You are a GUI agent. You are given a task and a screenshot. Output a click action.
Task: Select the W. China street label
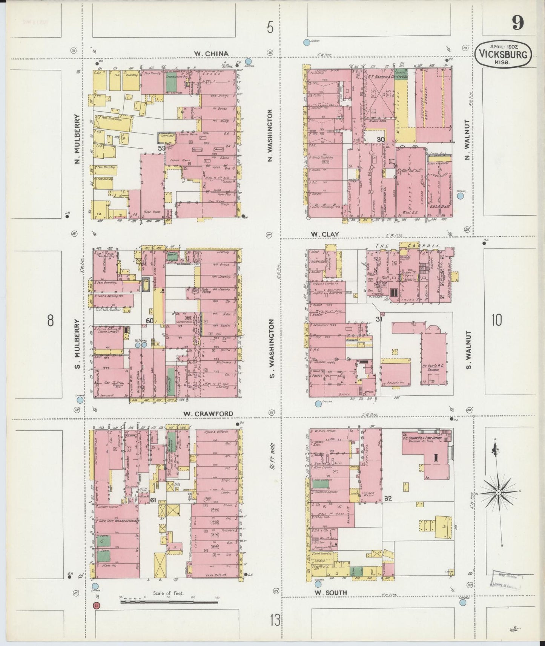211,54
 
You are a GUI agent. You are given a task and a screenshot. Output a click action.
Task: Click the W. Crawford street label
208,413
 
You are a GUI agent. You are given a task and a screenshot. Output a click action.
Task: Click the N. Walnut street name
467,140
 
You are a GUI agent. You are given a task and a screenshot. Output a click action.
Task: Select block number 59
161,148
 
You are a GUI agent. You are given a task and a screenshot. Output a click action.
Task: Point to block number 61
153,500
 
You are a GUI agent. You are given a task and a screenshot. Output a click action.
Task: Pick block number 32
388,498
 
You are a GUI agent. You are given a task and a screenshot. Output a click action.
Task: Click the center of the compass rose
498,493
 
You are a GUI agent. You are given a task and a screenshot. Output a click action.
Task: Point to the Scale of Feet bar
169,602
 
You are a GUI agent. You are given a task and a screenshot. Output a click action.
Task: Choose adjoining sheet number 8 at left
51,321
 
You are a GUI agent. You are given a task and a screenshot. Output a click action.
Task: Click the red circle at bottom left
97,605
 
